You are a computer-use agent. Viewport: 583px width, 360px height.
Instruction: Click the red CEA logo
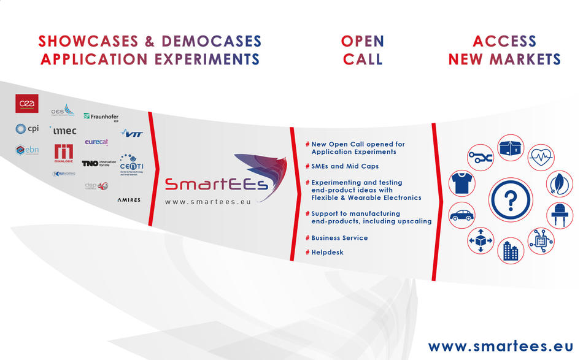click(x=27, y=104)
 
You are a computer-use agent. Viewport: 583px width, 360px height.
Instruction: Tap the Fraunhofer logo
click(x=101, y=117)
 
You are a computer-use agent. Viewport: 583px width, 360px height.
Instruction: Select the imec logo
click(x=64, y=131)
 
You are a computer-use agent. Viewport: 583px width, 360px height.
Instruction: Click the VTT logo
click(x=132, y=133)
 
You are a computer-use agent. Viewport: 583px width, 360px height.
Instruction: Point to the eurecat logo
click(x=97, y=142)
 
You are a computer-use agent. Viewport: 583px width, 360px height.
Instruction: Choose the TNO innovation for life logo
click(x=99, y=164)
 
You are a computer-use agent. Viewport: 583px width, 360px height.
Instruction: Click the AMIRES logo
click(x=129, y=200)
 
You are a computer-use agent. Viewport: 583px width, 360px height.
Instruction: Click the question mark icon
click(x=511, y=199)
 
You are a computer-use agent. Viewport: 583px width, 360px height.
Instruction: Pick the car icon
click(x=461, y=215)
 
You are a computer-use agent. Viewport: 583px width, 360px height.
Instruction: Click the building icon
click(x=510, y=250)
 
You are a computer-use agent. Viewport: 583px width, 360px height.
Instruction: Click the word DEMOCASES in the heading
click(x=211, y=42)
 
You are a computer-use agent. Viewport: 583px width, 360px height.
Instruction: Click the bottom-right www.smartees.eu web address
click(x=500, y=346)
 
